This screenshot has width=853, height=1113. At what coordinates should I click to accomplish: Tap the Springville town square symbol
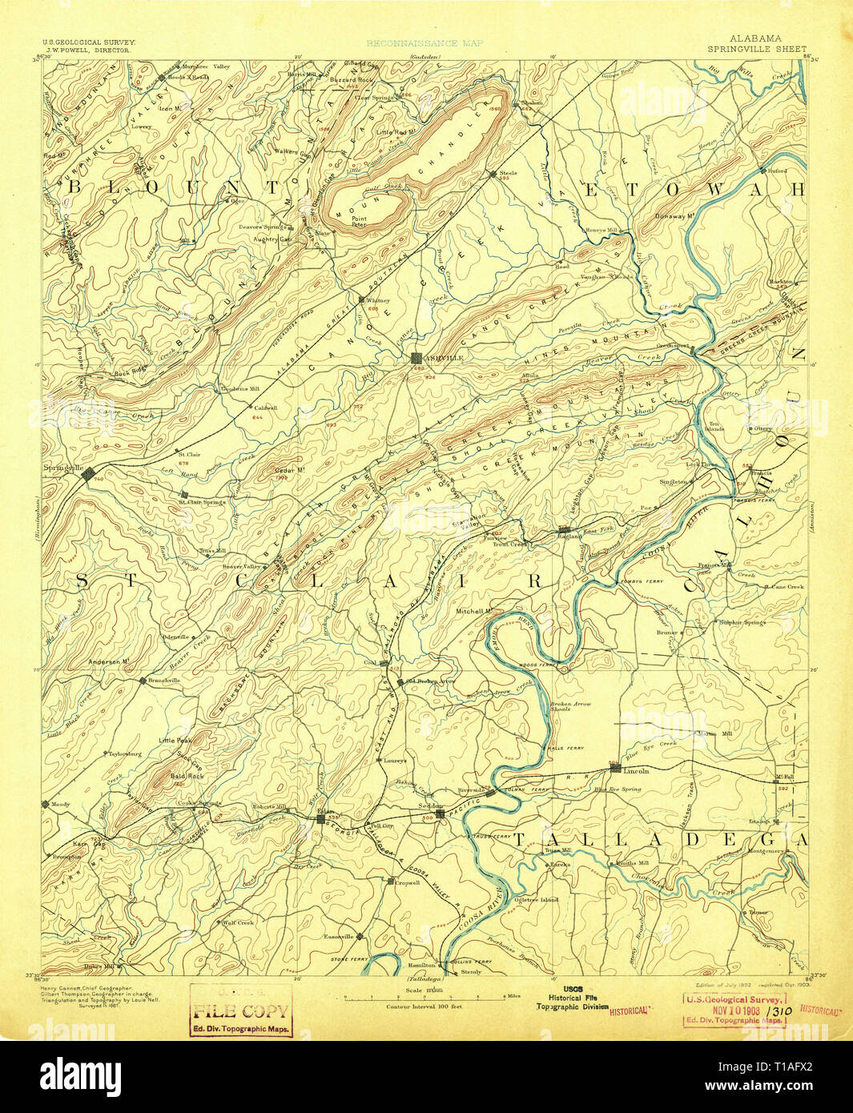click(88, 474)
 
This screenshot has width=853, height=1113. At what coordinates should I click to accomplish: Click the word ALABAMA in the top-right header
click(755, 38)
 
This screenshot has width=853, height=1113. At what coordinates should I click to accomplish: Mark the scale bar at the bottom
click(425, 998)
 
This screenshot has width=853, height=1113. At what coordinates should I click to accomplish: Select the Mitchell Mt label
click(474, 611)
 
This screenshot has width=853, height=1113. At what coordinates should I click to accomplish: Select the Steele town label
click(509, 173)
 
